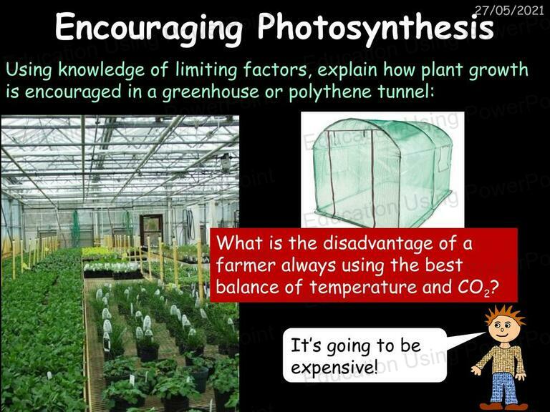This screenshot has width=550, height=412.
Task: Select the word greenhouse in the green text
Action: click(x=211, y=92)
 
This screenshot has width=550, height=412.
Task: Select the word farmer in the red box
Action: click(x=246, y=265)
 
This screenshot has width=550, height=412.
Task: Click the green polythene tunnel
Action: click(x=382, y=172)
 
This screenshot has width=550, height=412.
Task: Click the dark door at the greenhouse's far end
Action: click(x=151, y=230)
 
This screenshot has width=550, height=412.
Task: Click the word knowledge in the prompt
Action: click(x=102, y=69)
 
